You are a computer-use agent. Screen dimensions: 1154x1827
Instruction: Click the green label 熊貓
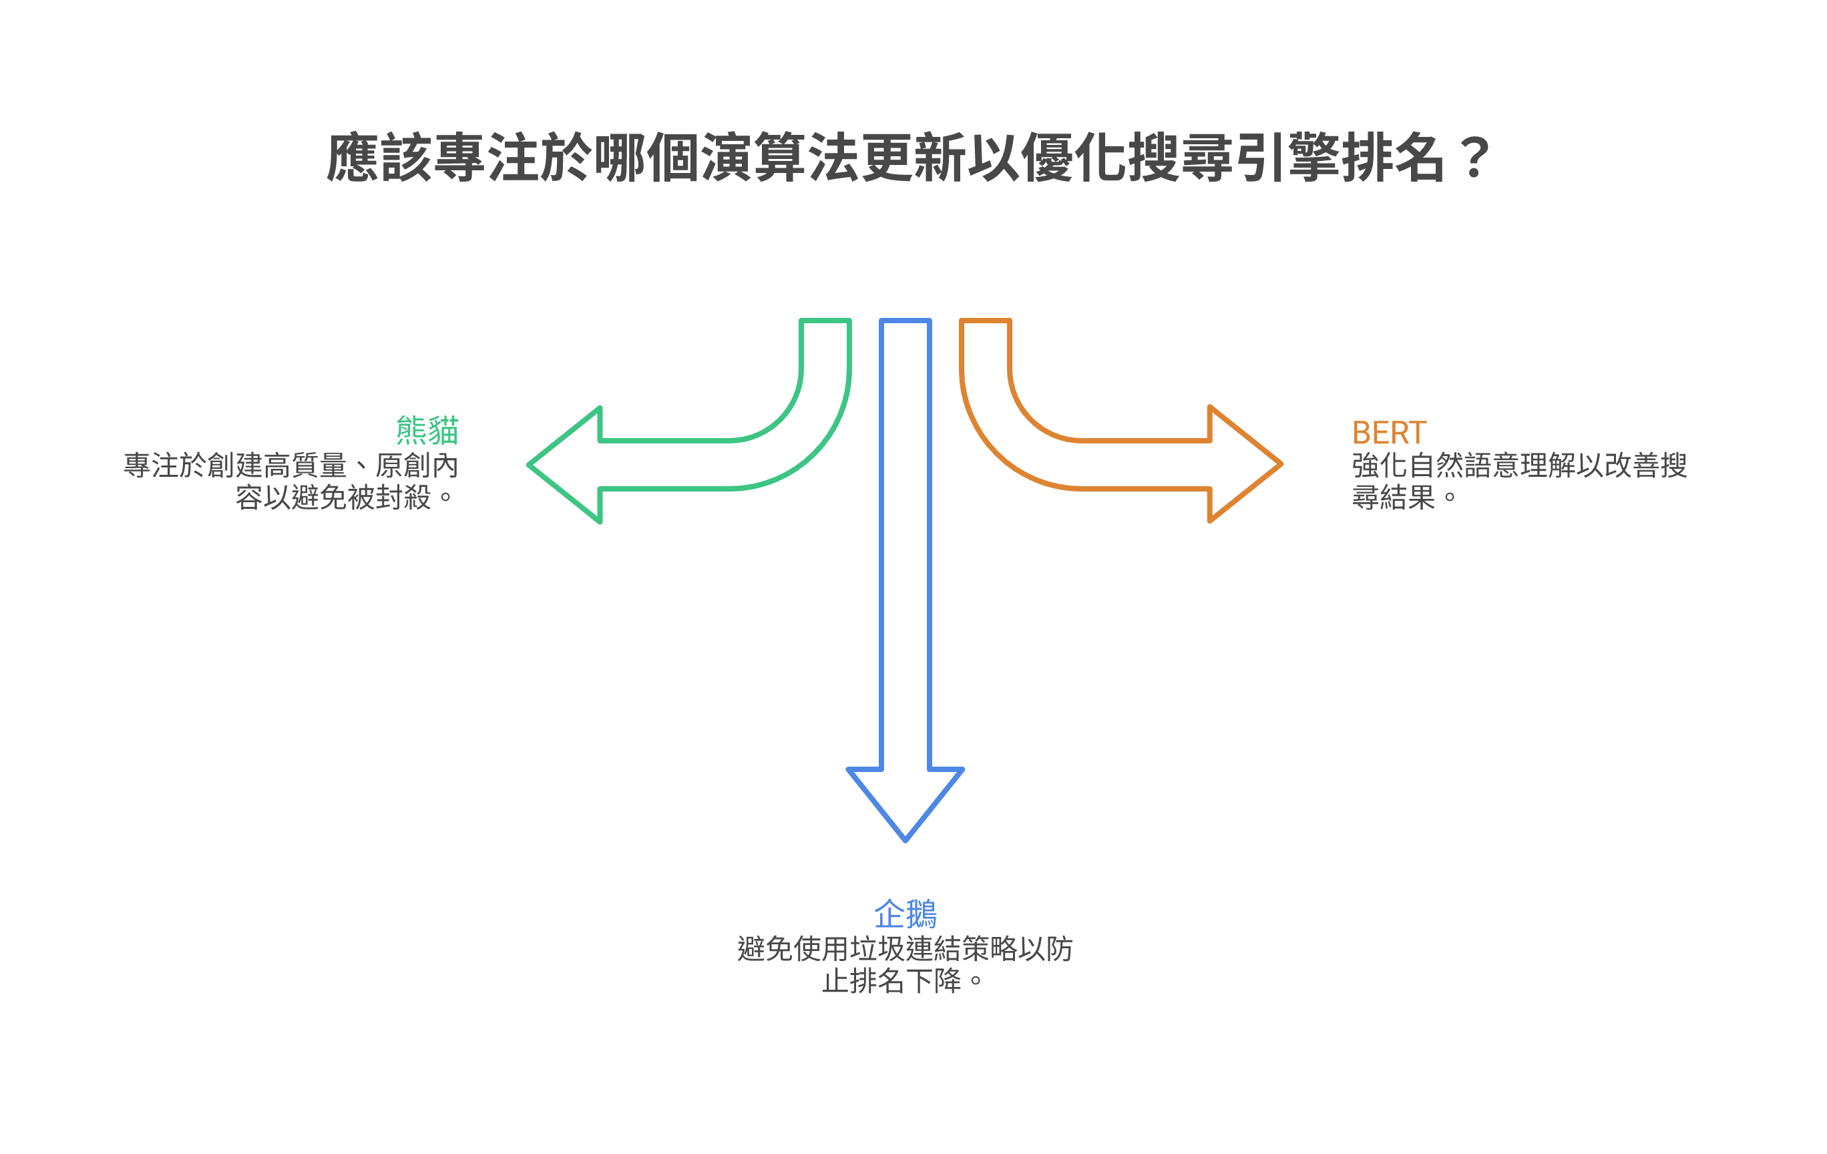coord(427,431)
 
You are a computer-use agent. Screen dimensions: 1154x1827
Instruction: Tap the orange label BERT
coord(1388,433)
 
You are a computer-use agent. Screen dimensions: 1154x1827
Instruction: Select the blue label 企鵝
coord(905,914)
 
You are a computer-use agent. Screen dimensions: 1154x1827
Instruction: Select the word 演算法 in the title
coord(779,157)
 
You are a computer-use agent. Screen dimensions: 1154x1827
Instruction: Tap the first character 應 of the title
coord(353,157)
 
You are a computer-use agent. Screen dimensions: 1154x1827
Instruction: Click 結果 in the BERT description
coord(1408,498)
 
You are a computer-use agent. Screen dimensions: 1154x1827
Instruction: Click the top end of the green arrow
coord(825,322)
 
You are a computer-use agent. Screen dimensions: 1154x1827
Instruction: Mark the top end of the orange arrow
coord(985,322)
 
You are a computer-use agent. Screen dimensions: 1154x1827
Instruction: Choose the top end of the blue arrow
coord(905,322)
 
